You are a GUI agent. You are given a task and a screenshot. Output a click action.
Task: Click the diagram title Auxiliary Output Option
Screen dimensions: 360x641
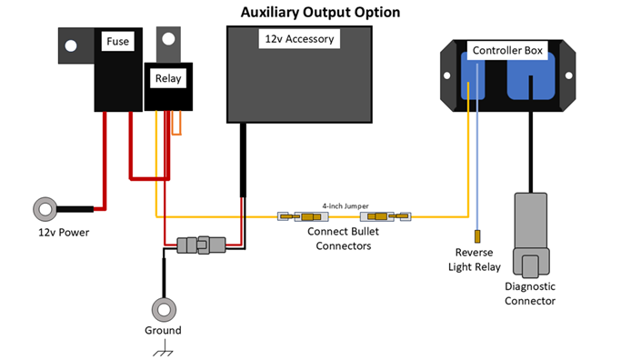[x=319, y=13]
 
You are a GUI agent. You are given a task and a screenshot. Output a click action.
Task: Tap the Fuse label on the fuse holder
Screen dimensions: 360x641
[x=117, y=42]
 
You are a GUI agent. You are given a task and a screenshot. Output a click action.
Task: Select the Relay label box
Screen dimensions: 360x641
[x=168, y=78]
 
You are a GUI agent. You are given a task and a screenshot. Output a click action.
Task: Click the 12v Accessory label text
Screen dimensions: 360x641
[x=299, y=39]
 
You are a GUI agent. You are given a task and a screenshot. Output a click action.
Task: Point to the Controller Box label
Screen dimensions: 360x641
[x=507, y=50]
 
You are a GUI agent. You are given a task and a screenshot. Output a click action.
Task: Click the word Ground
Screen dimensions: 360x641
[x=164, y=330]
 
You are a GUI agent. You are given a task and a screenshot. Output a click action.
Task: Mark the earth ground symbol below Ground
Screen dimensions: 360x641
[x=164, y=350]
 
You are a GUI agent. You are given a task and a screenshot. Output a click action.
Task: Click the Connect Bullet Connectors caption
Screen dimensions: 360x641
[x=343, y=239]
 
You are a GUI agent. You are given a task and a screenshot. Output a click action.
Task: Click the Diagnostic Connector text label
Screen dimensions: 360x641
[x=529, y=294]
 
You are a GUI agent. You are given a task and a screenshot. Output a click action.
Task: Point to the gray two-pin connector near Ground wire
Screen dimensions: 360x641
[x=200, y=245]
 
